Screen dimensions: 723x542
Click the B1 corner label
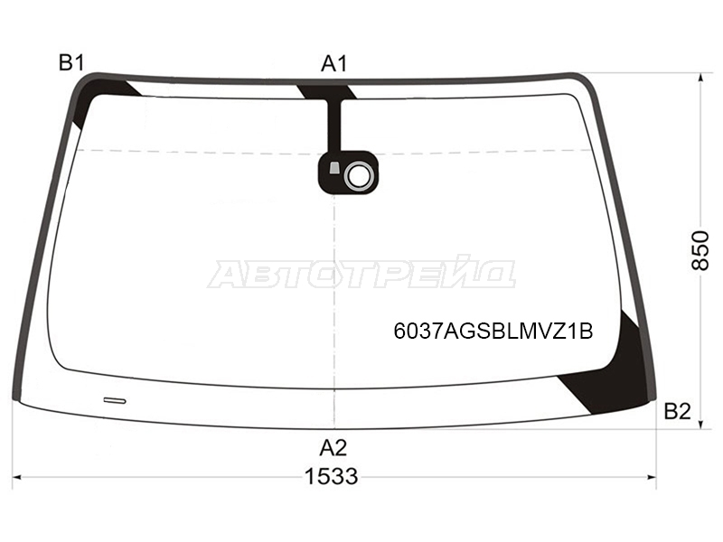[x=71, y=63]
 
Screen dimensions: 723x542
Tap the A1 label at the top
[x=333, y=63]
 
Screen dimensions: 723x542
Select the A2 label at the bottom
[x=333, y=447]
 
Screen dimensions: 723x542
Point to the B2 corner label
[x=677, y=411]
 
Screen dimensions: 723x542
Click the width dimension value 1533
[x=332, y=476]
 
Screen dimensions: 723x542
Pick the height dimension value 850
[x=700, y=251]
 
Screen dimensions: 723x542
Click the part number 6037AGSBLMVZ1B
[x=493, y=331]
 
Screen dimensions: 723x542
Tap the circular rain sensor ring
[x=358, y=175]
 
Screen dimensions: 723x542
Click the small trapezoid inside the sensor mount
[x=334, y=168]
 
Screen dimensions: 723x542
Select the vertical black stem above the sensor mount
[x=334, y=126]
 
